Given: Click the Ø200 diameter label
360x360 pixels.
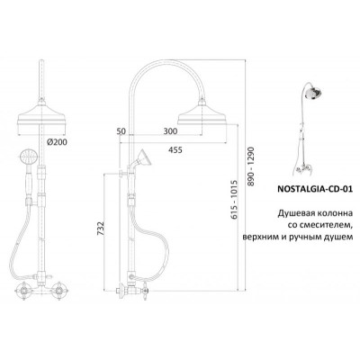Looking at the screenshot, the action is [x=57, y=142].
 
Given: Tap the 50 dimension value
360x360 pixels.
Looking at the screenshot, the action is [x=121, y=131].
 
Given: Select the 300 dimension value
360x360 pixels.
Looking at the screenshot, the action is [x=170, y=131].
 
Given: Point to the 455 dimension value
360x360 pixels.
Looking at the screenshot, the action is [x=175, y=149].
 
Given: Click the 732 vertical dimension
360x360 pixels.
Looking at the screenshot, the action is [x=101, y=229].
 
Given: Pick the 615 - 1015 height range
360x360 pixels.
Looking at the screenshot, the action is [x=235, y=199].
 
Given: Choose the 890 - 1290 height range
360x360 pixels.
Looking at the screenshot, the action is [x=250, y=166].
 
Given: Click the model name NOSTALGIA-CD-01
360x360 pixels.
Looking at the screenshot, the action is [x=314, y=189].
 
